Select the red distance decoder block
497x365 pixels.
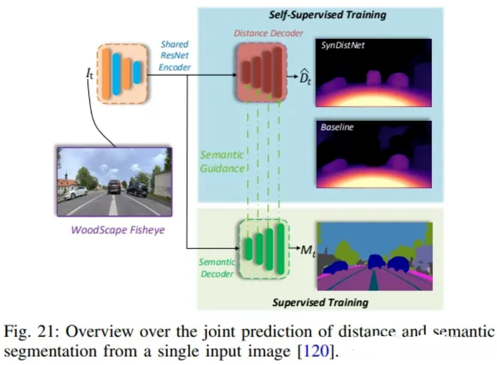tap(262, 72)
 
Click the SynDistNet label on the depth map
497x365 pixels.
tap(343, 46)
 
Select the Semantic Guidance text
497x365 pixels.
tap(222, 162)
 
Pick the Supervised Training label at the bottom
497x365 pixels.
tap(320, 302)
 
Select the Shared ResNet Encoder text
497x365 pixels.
tap(175, 56)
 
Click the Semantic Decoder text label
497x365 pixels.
tap(217, 268)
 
